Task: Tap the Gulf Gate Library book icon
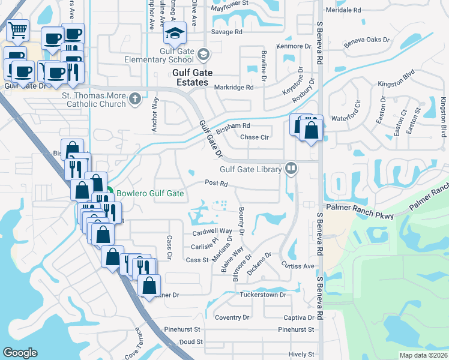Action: pyautogui.click(x=291, y=168)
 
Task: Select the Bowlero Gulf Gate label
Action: pyautogui.click(x=149, y=194)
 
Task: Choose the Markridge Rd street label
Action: pyautogui.click(x=234, y=87)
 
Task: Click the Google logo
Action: pyautogui.click(x=20, y=353)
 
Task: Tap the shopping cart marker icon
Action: pyautogui.click(x=17, y=29)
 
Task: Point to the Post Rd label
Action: pyautogui.click(x=216, y=183)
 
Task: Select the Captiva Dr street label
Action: pyautogui.click(x=299, y=317)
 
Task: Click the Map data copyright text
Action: pyautogui.click(x=423, y=355)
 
